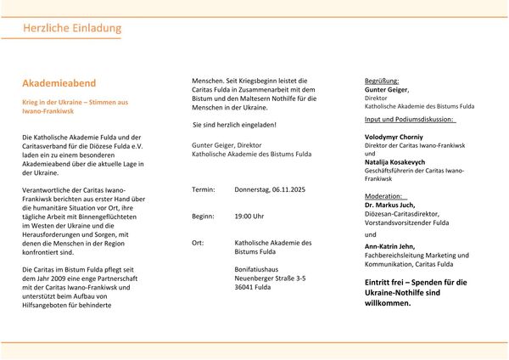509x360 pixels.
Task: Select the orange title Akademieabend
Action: click(59, 83)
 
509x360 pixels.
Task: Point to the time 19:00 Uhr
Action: click(249, 216)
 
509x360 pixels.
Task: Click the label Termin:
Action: click(204, 189)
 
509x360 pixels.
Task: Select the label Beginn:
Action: click(203, 216)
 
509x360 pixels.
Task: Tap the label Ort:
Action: click(198, 243)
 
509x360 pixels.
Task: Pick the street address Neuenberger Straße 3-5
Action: click(270, 278)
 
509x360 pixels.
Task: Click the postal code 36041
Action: click(245, 287)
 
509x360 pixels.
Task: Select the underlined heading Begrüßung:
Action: click(382, 81)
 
